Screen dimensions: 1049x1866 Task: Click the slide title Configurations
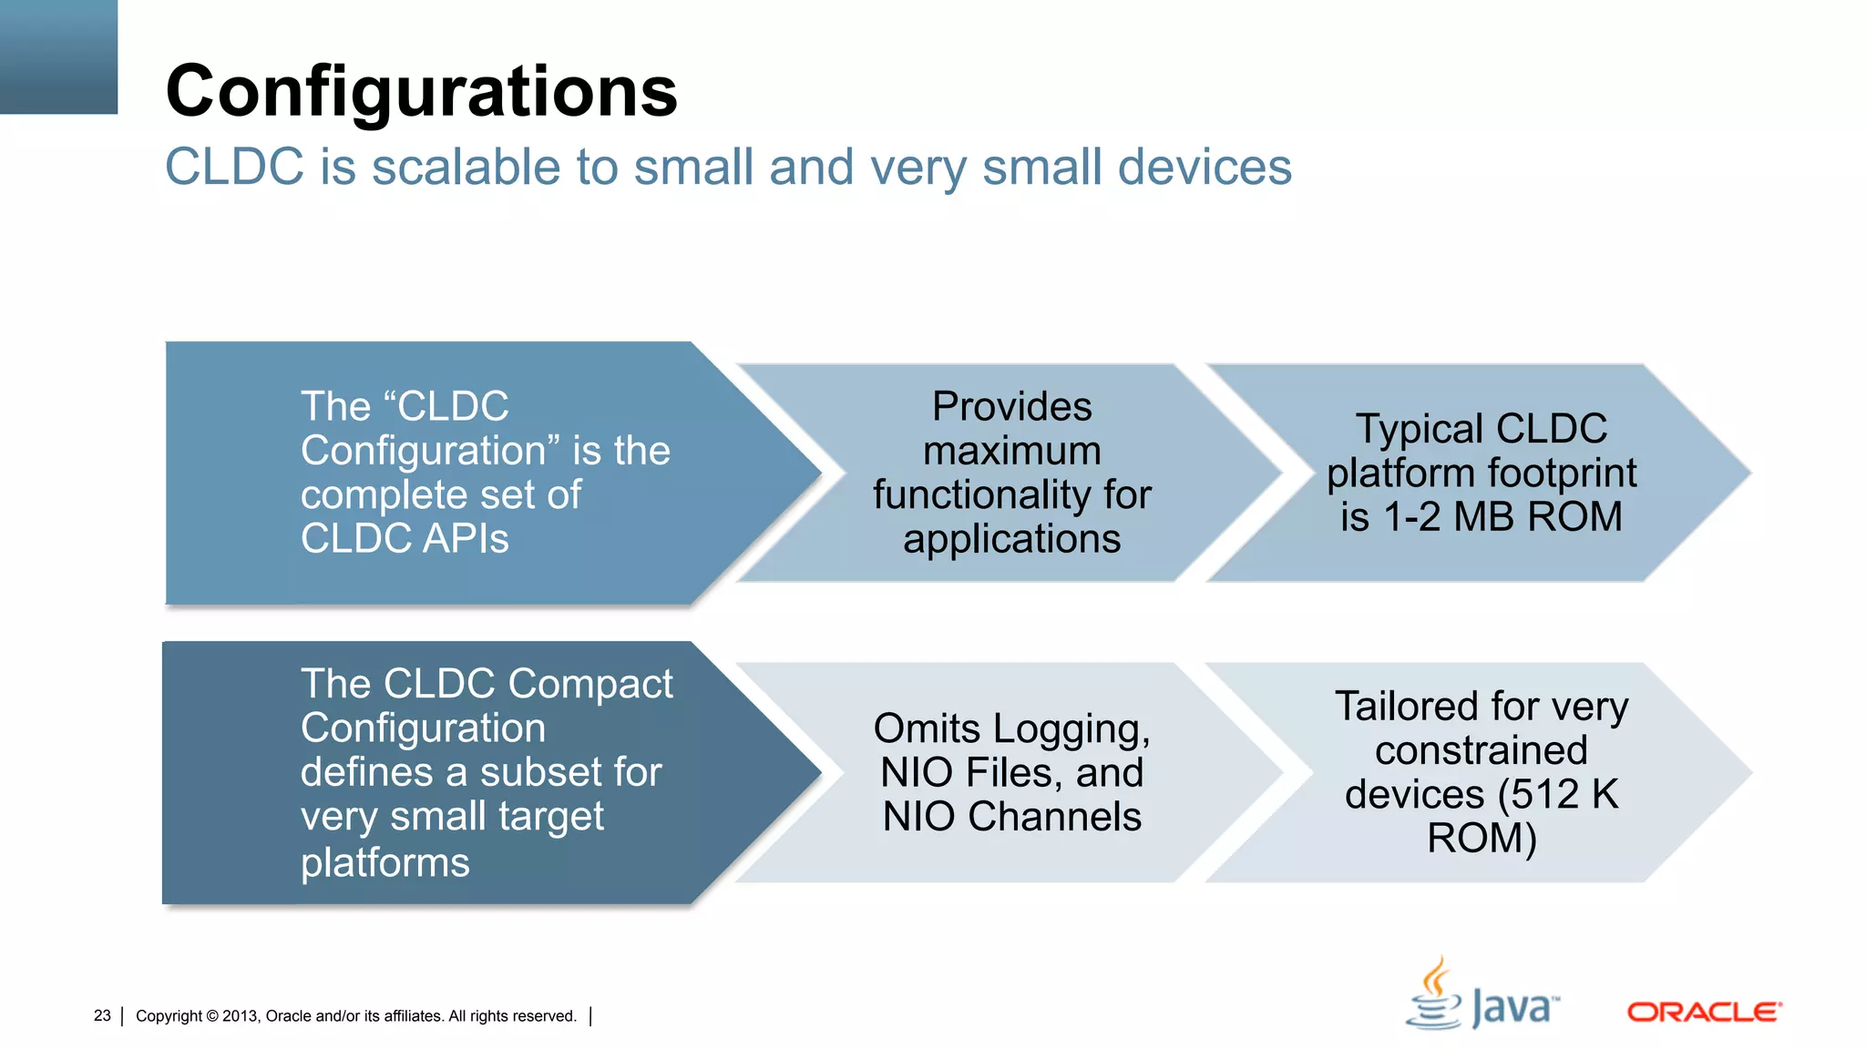(x=421, y=92)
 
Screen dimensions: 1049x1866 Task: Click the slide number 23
(x=102, y=1015)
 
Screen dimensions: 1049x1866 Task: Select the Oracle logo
(x=1704, y=1012)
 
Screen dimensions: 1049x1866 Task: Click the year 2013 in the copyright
(x=241, y=1016)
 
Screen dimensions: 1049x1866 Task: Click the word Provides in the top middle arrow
(x=1011, y=407)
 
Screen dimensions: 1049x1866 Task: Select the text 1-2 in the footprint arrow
(x=1412, y=517)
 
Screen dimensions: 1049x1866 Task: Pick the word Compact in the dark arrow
(x=590, y=684)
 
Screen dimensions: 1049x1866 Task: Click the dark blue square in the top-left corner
(x=58, y=56)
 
